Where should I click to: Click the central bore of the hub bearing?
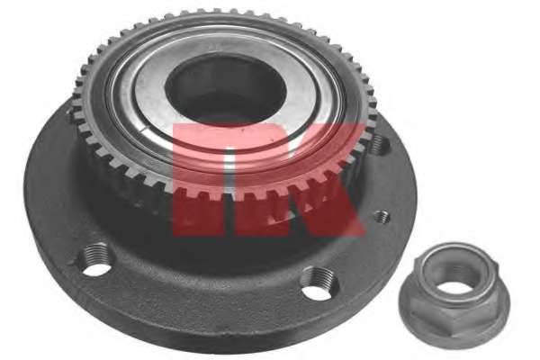coord(225,90)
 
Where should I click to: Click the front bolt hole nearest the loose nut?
coord(319,283)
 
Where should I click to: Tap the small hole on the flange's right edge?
coord(382,217)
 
